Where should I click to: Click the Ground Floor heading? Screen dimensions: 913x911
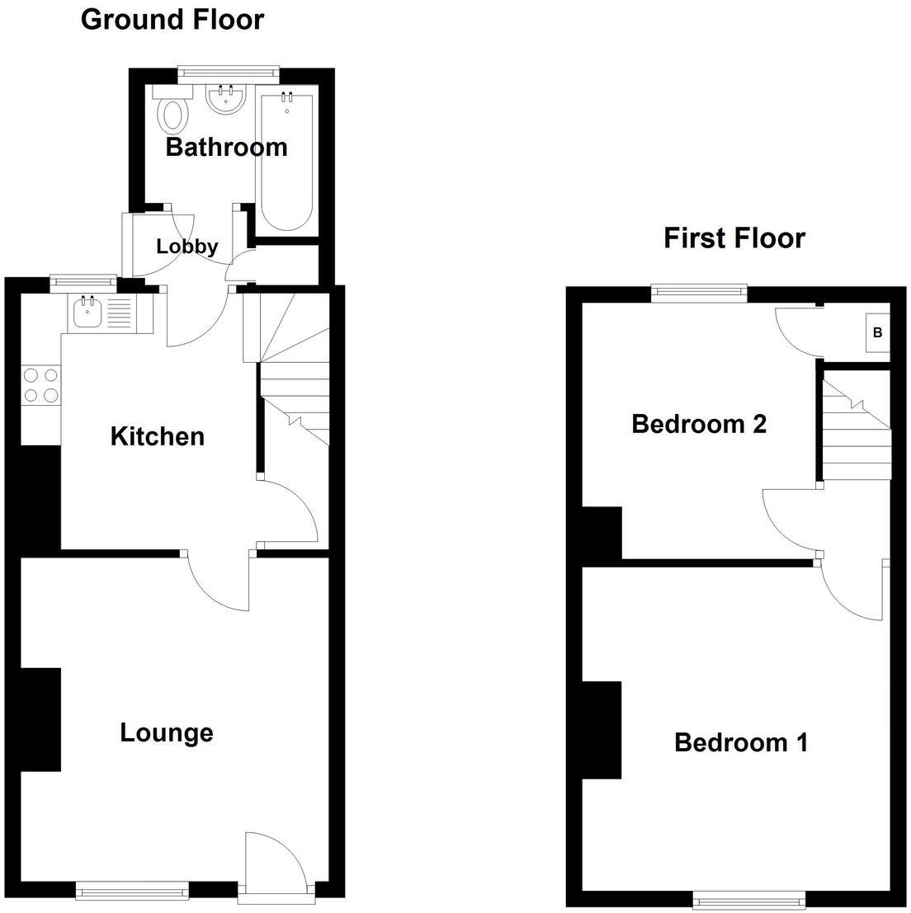click(x=172, y=19)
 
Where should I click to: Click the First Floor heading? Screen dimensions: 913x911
click(x=734, y=238)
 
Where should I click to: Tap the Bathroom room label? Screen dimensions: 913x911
click(x=226, y=148)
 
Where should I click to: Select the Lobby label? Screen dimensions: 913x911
click(x=187, y=246)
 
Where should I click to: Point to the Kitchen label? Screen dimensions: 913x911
click(x=157, y=436)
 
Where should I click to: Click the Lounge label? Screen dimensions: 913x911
click(x=167, y=732)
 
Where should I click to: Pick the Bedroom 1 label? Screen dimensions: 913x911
click(x=740, y=742)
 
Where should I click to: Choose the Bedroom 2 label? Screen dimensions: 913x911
click(x=698, y=424)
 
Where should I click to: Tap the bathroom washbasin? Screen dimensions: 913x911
click(x=226, y=100)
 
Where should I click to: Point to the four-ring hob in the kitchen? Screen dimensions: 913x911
click(x=41, y=385)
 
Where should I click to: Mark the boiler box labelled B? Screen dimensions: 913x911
click(x=877, y=333)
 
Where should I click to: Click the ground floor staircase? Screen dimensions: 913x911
click(x=294, y=371)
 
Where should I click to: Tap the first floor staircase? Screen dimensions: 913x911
click(x=857, y=429)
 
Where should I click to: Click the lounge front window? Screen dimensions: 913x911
click(x=132, y=889)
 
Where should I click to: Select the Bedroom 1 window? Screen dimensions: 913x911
click(x=748, y=897)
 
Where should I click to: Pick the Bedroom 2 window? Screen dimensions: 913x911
click(x=699, y=289)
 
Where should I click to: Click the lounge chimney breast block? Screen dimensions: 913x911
click(x=40, y=719)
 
